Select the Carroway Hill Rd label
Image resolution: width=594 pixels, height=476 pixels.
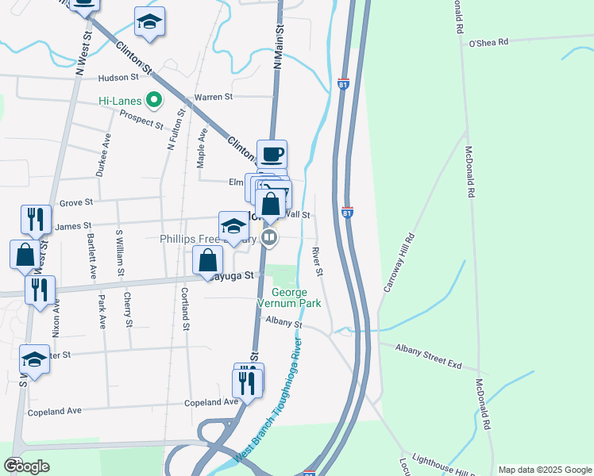(399, 263)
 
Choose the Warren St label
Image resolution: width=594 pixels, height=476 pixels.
(213, 97)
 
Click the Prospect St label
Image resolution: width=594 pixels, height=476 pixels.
(141, 120)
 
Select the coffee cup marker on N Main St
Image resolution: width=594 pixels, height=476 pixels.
(272, 153)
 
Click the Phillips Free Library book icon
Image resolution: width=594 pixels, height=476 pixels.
(270, 237)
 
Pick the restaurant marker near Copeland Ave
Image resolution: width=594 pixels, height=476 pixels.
(247, 383)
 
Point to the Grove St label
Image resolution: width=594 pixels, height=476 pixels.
(76, 202)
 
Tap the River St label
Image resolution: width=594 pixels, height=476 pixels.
(318, 262)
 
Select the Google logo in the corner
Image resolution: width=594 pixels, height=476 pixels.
(26, 466)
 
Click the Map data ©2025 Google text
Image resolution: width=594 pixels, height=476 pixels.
(544, 470)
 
